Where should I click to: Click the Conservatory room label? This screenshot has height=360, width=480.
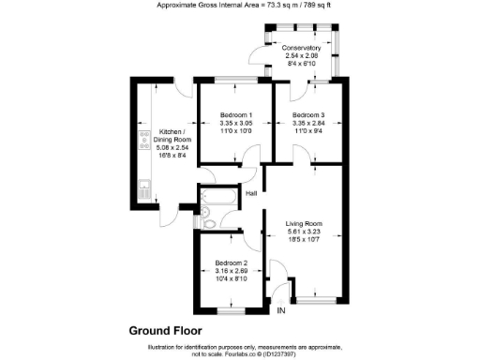(x=302, y=48)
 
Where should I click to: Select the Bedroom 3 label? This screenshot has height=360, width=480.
(x=301, y=113)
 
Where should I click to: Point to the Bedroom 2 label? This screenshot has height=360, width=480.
(x=231, y=262)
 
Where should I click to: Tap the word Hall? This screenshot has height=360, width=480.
(x=251, y=194)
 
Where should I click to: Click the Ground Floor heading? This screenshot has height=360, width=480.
(x=165, y=330)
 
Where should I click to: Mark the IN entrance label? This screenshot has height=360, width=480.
(x=281, y=311)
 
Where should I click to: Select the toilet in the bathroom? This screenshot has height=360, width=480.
(x=209, y=223)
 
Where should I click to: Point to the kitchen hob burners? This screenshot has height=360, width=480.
(x=145, y=140)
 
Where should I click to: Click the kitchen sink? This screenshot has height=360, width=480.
(x=145, y=188)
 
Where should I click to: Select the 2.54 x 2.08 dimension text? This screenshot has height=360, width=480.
(x=302, y=56)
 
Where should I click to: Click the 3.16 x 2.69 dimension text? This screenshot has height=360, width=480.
(x=231, y=271)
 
